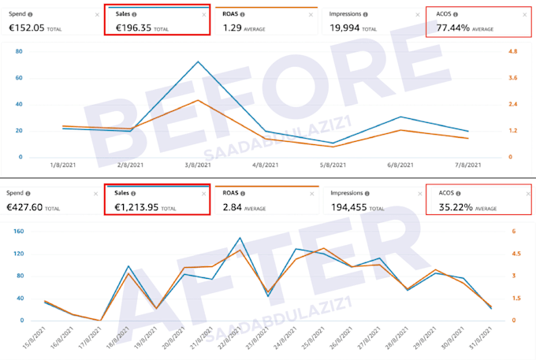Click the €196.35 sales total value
tap(133, 28)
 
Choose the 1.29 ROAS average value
tap(232, 28)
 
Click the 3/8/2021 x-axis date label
tap(198, 165)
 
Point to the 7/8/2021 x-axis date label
tap(467, 165)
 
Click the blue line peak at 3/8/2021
tap(198, 61)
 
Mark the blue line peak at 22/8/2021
tap(240, 238)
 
